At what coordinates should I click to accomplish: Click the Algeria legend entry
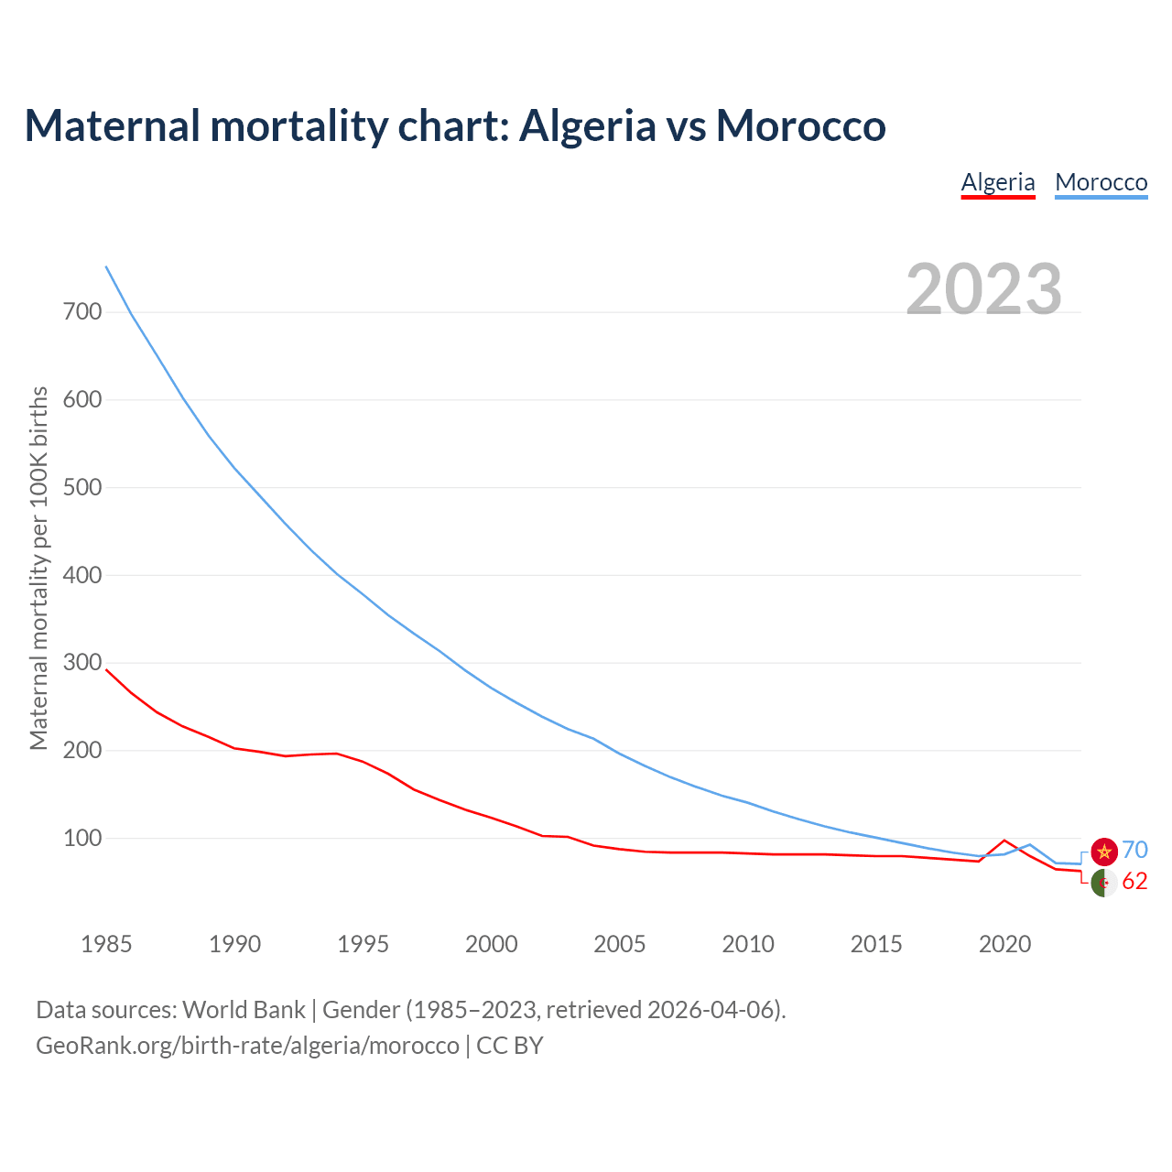[x=997, y=182]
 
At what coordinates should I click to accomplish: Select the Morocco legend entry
[x=1101, y=182]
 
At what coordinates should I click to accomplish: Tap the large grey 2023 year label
[x=983, y=289]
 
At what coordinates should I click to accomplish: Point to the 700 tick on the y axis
[x=82, y=312]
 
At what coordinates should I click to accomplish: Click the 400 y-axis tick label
[x=82, y=576]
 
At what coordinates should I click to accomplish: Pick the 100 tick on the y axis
[x=82, y=839]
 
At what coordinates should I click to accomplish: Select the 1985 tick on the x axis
[x=106, y=944]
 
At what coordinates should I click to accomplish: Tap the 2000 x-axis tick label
[x=492, y=944]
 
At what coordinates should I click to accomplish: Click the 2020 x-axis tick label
[x=1004, y=944]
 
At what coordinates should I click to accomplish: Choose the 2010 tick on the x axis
[x=748, y=944]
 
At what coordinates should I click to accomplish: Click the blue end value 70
[x=1134, y=851]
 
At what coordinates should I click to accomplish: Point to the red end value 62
[x=1134, y=882]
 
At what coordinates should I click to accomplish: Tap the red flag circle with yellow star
[x=1104, y=852]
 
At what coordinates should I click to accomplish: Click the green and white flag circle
[x=1104, y=883]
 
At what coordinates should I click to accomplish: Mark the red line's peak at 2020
[x=1004, y=840]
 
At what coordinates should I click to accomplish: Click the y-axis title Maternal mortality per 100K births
[x=38, y=568]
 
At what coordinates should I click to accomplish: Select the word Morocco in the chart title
[x=800, y=125]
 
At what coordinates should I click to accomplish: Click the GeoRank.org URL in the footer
[x=247, y=1046]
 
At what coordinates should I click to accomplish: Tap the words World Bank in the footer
[x=244, y=1010]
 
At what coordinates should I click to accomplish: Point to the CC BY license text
[x=510, y=1046]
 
